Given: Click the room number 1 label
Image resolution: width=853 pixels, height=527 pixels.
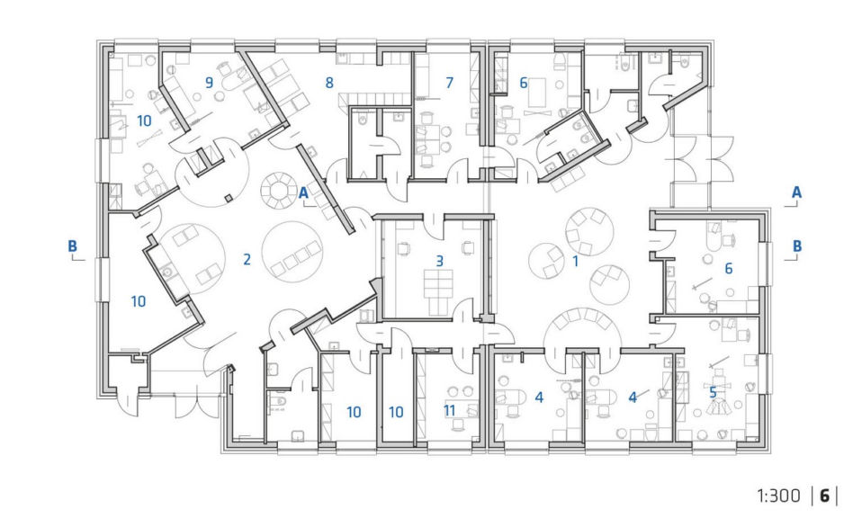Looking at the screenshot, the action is [576, 261].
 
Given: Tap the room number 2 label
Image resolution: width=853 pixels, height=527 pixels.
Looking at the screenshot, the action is [247, 259].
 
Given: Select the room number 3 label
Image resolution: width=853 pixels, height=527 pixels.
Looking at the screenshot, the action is [440, 261].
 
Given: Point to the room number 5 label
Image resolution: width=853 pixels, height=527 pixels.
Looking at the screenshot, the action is [713, 392].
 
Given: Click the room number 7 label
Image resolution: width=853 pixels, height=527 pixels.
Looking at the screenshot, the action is [449, 83].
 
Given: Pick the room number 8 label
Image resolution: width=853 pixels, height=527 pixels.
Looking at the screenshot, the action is [329, 83].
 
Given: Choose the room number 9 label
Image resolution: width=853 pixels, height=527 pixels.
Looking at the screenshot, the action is [209, 83].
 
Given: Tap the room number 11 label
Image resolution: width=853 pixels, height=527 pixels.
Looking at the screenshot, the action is [449, 411].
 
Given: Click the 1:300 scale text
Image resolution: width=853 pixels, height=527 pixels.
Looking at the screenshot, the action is [778, 496].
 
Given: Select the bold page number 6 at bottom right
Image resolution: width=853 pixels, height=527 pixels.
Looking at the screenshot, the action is [824, 496].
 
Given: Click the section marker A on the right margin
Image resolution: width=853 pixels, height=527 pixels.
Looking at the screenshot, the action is [796, 192].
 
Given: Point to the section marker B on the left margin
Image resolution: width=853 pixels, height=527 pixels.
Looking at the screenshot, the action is [72, 246].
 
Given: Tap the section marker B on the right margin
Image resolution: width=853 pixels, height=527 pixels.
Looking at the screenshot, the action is [797, 246].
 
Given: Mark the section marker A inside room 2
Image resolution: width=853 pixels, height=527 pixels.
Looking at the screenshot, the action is [303, 192].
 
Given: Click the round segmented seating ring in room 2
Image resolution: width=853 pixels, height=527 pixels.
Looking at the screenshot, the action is [279, 191].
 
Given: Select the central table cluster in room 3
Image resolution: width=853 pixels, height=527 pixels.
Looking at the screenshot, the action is [438, 284].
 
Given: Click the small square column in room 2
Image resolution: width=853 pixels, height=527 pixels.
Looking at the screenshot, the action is [229, 198].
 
